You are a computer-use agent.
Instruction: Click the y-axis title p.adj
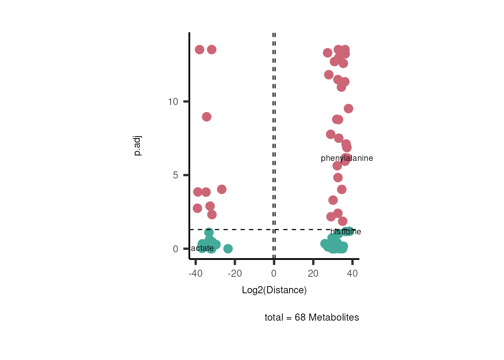138,145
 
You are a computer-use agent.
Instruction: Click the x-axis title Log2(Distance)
274,290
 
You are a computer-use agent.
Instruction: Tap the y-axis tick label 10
173,102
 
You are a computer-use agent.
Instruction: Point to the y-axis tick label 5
175,175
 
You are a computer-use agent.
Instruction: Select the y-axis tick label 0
175,249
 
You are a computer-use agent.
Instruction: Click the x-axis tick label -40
195,273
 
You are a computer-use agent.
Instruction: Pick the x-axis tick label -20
235,273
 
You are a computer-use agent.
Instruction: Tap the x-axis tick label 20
313,273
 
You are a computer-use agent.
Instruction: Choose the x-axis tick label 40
352,273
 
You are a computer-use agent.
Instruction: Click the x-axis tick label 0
274,273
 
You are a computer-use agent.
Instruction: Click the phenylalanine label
347,158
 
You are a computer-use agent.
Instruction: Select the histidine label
346,232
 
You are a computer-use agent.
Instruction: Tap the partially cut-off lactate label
202,248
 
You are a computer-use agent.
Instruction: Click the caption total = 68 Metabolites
312,317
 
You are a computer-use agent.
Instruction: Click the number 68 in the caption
300,317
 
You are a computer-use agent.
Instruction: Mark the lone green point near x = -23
228,249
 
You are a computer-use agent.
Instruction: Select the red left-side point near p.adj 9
207,117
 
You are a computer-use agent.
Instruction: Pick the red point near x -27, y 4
222,189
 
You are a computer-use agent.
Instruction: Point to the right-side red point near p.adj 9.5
348,109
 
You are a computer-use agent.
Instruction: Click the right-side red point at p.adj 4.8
338,178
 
